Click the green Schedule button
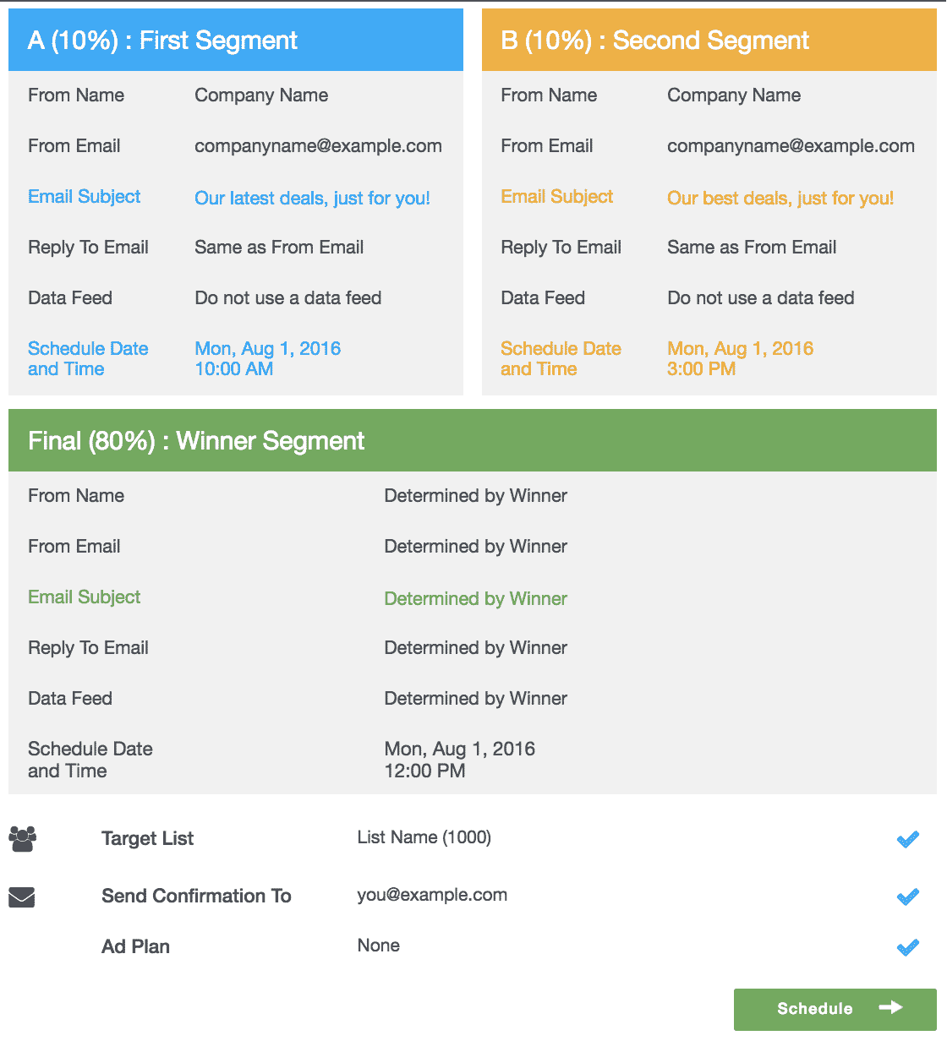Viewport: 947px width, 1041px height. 835,1009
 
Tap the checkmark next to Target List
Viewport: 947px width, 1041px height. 907,839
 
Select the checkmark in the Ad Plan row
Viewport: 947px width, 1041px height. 907,947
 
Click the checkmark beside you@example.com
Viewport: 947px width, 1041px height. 907,897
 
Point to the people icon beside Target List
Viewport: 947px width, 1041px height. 23,839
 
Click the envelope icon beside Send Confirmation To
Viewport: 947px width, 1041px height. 22,897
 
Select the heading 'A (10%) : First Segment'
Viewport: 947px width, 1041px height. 162,41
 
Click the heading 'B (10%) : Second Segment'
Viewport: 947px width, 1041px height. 654,41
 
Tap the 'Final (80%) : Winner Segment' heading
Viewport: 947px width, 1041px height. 196,441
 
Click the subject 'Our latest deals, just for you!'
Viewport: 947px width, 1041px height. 312,199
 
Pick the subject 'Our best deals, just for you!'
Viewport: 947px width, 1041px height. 780,199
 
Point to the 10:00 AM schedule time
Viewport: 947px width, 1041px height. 233,369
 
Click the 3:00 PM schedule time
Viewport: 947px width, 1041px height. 701,369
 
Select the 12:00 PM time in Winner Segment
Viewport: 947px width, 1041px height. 424,771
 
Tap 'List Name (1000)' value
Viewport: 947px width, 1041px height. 424,837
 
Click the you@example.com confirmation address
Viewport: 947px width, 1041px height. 432,895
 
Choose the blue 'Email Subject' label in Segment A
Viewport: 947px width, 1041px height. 84,197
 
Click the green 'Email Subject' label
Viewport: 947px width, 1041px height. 84,597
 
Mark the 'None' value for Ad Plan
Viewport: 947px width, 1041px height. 378,946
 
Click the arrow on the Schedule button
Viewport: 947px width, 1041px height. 890,1007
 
